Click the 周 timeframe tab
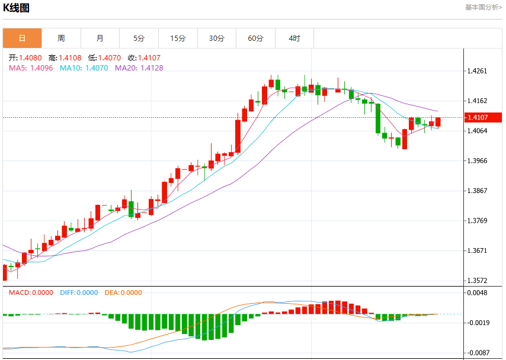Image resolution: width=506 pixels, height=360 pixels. [61, 38]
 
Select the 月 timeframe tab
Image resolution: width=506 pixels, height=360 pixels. [100, 38]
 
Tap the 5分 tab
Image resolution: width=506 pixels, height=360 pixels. [139, 38]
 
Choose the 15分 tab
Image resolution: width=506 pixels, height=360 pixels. [178, 38]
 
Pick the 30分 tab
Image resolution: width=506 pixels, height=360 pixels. [217, 38]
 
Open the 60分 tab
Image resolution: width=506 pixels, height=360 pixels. [255, 38]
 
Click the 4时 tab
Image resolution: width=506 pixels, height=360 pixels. [294, 38]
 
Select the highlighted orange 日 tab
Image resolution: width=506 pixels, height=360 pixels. [23, 38]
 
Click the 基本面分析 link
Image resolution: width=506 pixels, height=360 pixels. [483, 7]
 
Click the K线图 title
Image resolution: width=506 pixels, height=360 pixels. [16, 8]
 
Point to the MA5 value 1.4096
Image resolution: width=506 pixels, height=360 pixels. [41, 67]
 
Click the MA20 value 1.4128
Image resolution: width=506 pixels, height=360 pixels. [152, 67]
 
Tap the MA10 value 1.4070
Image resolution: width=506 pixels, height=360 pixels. [97, 67]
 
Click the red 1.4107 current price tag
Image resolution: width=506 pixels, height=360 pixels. [483, 117]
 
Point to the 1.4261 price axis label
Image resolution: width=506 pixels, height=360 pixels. [478, 71]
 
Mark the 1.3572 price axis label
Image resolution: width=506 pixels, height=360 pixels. [478, 281]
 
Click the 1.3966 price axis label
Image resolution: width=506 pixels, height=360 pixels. [478, 160]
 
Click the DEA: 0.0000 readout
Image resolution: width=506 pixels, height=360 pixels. [123, 292]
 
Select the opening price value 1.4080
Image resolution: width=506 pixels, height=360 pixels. [30, 58]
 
